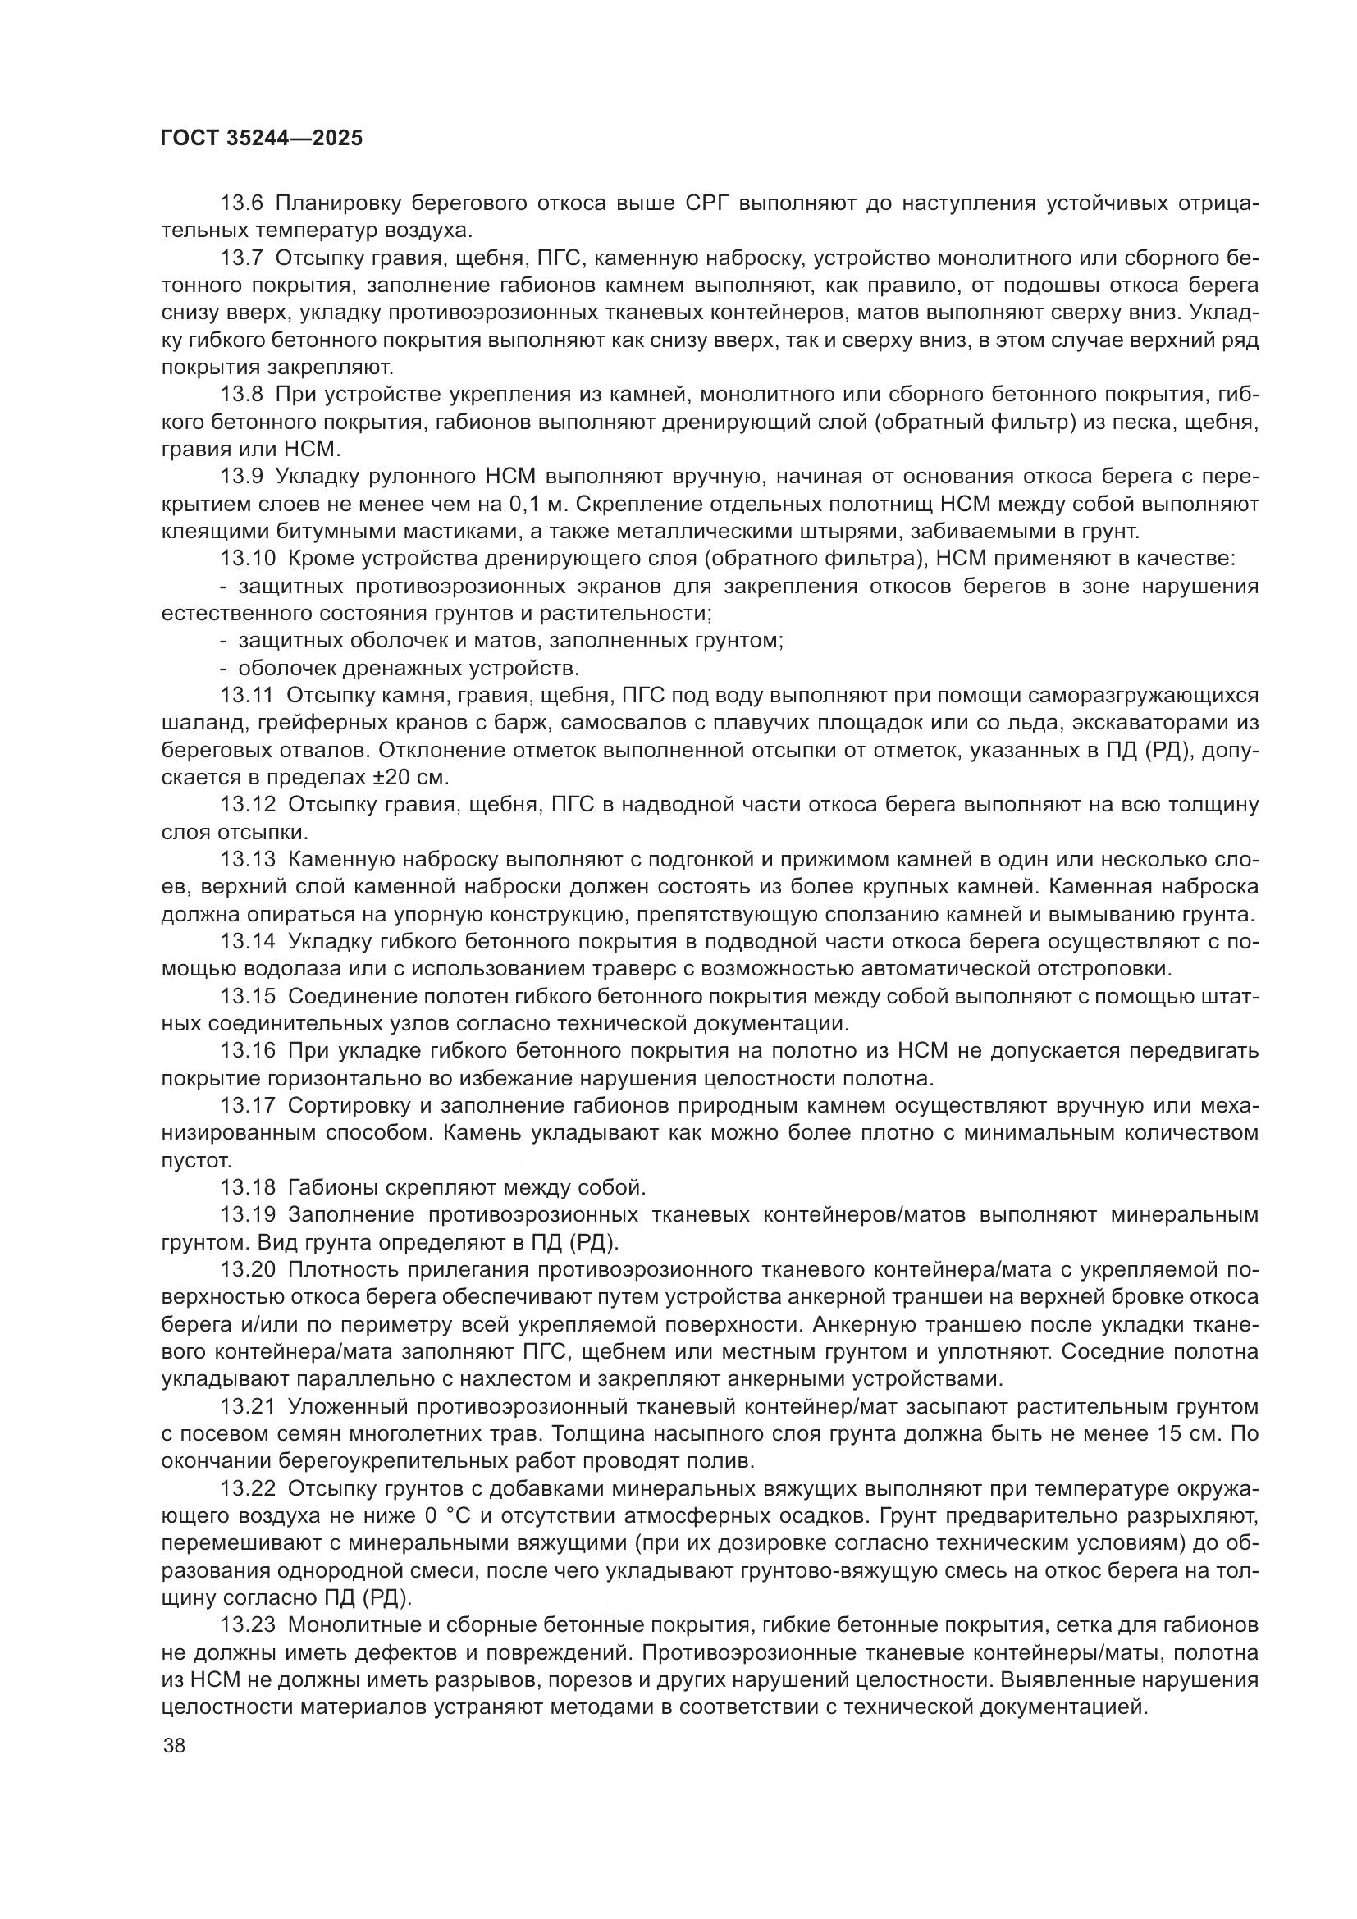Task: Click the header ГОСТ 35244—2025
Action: point(262,139)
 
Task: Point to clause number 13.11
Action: point(246,696)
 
